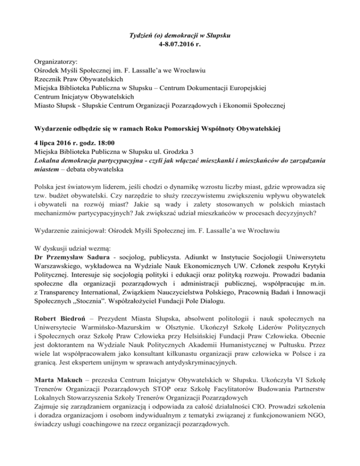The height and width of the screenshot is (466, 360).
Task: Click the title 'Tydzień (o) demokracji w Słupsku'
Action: [180, 35]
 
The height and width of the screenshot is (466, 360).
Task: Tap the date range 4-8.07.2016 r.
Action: [180, 45]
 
